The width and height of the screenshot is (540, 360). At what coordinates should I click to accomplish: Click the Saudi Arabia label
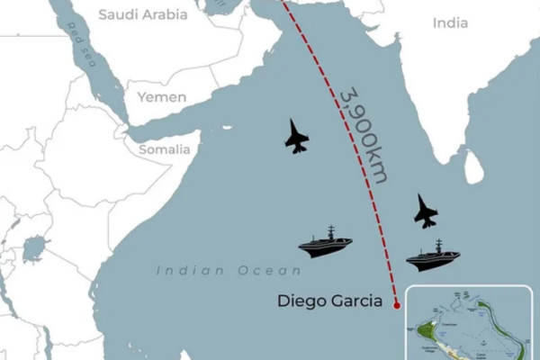tap(143, 14)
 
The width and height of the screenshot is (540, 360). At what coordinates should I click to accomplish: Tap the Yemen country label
tap(162, 97)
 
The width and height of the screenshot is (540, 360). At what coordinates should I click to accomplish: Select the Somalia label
tap(164, 149)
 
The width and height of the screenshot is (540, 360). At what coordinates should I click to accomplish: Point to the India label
tap(450, 22)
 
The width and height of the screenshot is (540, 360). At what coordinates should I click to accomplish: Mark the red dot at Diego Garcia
tap(397, 306)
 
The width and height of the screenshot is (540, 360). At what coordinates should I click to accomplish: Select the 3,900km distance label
tap(364, 136)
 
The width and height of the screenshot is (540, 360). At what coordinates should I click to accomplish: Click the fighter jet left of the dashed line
tap(296, 136)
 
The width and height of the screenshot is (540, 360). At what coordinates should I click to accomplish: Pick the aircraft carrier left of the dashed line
tap(325, 243)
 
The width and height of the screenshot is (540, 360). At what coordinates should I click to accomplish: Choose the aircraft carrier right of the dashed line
tap(433, 256)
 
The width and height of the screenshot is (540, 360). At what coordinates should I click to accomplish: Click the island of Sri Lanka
tap(473, 166)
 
